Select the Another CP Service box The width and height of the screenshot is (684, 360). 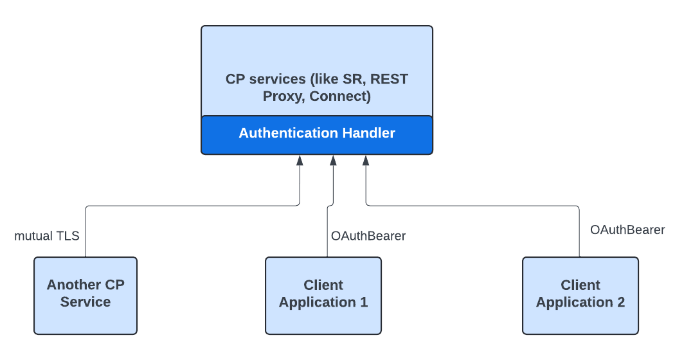85,295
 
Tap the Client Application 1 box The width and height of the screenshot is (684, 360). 323,295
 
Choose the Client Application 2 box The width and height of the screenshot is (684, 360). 580,295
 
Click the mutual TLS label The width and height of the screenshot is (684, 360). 47,236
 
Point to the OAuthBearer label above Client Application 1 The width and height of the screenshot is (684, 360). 368,236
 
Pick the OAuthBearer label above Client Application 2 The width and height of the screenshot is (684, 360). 627,230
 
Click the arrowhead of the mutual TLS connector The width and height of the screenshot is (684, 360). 300,160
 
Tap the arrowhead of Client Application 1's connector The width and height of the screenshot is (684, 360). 333,160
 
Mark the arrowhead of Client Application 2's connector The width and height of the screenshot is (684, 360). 366,160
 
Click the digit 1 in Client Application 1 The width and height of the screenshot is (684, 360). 364,302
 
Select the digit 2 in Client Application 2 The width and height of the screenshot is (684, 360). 620,302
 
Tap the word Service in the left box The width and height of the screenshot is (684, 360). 85,302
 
